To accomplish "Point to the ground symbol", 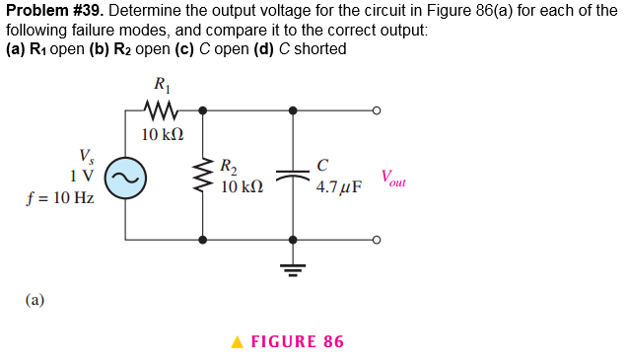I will (293, 264).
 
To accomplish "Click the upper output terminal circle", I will (376, 110).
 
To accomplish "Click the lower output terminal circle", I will (376, 240).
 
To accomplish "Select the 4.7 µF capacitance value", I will (339, 186).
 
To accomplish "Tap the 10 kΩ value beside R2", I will (241, 186).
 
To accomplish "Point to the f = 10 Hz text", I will (61, 197).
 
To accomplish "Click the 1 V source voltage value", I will (83, 176).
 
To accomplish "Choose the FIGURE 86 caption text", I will (297, 342).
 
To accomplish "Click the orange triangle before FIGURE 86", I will (237, 342).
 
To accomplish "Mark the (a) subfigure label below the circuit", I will (35, 300).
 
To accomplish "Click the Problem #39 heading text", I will (49, 11).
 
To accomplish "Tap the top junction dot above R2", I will (203, 110).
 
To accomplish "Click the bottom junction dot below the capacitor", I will (293, 240).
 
